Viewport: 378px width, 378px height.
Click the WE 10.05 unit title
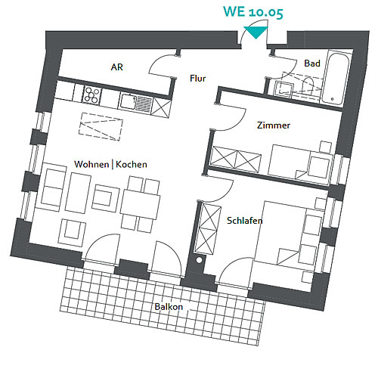[x=253, y=11]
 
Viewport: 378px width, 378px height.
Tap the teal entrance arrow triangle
[x=256, y=33]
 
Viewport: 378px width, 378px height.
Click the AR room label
[x=117, y=67]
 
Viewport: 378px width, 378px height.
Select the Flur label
[x=198, y=78]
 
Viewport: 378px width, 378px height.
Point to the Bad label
[x=312, y=63]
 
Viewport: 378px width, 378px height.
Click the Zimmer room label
[x=274, y=125]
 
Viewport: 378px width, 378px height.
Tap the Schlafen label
[x=245, y=221]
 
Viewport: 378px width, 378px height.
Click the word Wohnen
[x=91, y=164]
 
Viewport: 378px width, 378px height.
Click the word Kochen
[x=132, y=164]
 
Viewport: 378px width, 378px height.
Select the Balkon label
[x=169, y=307]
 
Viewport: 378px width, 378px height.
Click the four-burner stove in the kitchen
[x=91, y=94]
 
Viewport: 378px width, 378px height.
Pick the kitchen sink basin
[x=129, y=101]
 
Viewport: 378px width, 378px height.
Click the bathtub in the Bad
[x=336, y=79]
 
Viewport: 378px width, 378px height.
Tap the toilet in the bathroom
[x=308, y=85]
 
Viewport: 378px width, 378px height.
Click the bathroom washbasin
[x=283, y=89]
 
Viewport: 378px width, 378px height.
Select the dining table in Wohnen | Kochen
[x=140, y=204]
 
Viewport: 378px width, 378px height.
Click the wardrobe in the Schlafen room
[x=208, y=229]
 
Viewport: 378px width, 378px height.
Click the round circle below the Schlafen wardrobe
[x=200, y=260]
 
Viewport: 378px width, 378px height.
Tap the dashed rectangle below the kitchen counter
[x=101, y=126]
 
